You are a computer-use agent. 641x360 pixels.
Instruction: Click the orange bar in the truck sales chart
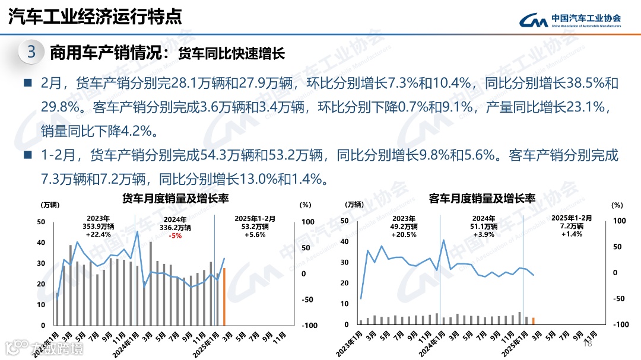(224, 297)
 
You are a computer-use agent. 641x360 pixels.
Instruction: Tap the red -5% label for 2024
(175, 235)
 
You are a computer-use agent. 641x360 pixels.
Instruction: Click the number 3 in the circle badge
(31, 52)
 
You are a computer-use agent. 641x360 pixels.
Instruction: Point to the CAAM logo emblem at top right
(533, 21)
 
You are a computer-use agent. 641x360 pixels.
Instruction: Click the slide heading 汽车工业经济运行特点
(95, 17)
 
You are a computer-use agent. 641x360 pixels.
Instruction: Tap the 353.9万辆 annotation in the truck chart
(98, 226)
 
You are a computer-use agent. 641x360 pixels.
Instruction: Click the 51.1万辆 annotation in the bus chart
(483, 226)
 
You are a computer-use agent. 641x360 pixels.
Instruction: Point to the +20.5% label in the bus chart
(404, 234)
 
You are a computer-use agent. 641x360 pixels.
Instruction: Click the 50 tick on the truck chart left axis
(41, 222)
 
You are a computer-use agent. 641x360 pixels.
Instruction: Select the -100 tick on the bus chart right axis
(619, 325)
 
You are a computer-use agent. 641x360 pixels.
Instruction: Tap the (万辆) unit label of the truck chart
(50, 205)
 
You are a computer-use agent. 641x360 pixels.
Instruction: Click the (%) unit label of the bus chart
(617, 205)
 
